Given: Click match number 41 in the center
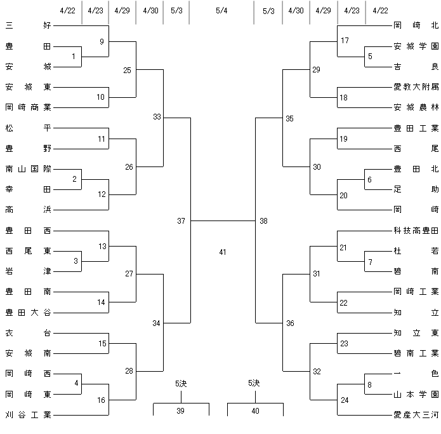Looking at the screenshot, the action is click(223, 252).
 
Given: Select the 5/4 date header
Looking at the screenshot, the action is click(221, 11).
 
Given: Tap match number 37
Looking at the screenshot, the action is click(181, 220).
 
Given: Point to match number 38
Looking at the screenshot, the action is click(263, 220).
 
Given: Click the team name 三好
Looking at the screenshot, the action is click(28, 25).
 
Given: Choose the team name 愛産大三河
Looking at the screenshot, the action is click(416, 414).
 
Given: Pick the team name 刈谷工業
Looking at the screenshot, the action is click(28, 414).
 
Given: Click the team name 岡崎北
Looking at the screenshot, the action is click(416, 25).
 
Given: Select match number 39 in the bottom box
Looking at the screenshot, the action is click(181, 410).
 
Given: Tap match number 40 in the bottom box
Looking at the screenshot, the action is click(255, 410).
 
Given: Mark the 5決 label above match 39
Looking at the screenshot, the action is click(181, 384).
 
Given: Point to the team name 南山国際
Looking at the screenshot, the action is click(28, 169).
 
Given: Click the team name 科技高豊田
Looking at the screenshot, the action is click(416, 231).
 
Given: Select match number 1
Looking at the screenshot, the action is click(74, 57).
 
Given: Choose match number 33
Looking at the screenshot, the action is click(157, 116).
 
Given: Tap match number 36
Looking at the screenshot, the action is click(290, 323).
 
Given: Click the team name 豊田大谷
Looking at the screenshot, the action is click(28, 313).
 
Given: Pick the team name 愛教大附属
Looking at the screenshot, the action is click(416, 87).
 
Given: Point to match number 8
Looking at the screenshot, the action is click(369, 384).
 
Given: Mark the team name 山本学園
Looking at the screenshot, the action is click(416, 395).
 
